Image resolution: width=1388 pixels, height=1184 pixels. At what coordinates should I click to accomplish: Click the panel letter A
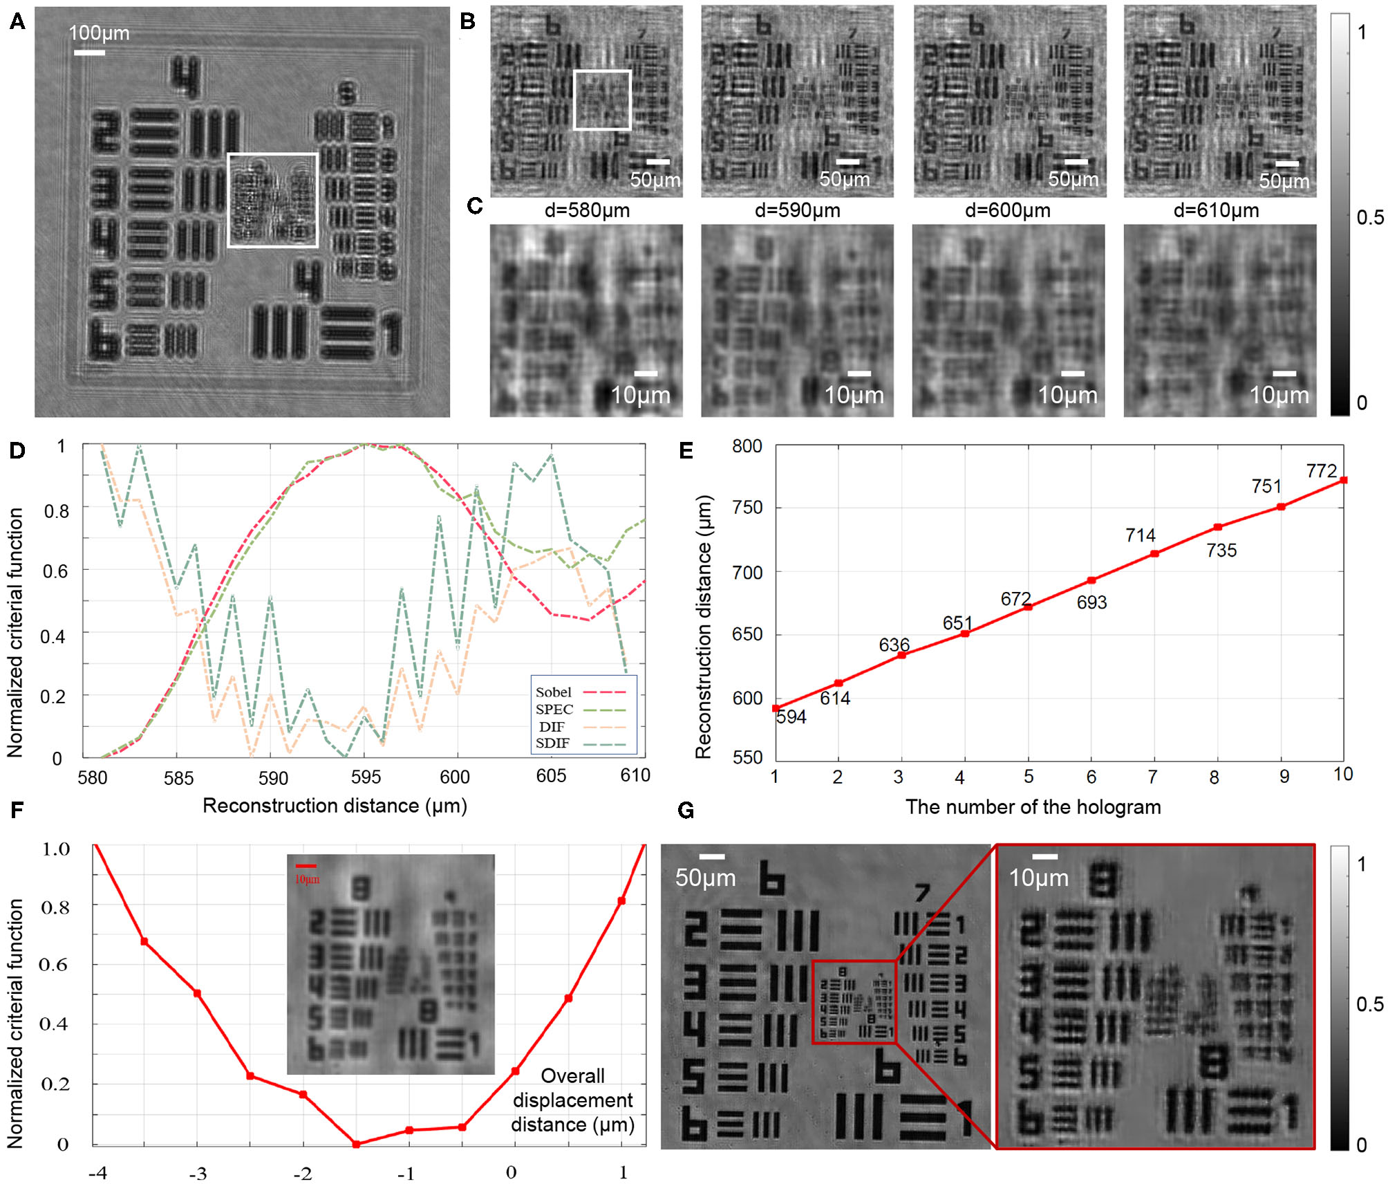(17, 22)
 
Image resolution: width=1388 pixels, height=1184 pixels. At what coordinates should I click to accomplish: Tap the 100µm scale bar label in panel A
(99, 33)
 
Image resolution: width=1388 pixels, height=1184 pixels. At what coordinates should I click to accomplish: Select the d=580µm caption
(587, 210)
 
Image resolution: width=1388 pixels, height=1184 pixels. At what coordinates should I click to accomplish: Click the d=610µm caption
(1216, 210)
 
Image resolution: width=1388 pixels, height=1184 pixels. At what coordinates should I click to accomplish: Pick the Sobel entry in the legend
(554, 692)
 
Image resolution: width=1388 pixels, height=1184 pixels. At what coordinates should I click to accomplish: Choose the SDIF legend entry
(553, 743)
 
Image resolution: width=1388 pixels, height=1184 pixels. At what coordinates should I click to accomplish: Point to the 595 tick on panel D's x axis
(366, 777)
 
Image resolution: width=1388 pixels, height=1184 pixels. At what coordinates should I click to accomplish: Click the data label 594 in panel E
(791, 717)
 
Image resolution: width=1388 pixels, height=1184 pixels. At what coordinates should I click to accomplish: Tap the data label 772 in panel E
(1321, 471)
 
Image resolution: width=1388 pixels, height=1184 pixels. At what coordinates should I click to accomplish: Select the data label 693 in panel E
(1091, 602)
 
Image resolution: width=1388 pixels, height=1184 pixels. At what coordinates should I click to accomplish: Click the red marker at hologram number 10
(1343, 480)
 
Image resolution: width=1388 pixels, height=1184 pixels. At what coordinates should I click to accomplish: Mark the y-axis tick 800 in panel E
(747, 446)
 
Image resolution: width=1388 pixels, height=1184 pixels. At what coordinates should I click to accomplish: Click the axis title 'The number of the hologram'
(1033, 807)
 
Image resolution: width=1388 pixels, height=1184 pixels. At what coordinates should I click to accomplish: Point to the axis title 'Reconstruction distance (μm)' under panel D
(335, 806)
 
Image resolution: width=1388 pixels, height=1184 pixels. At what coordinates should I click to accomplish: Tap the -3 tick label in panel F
(198, 1174)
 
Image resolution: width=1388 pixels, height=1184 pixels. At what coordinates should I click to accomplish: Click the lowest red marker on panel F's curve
(356, 1145)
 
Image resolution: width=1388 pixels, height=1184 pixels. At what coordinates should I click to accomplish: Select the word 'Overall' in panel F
(572, 1076)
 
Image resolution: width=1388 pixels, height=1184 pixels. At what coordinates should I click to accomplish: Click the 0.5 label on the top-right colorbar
(1370, 218)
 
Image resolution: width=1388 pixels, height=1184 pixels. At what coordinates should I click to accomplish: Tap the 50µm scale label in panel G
(705, 878)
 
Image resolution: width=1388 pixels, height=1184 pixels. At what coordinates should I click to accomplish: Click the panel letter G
(686, 810)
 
